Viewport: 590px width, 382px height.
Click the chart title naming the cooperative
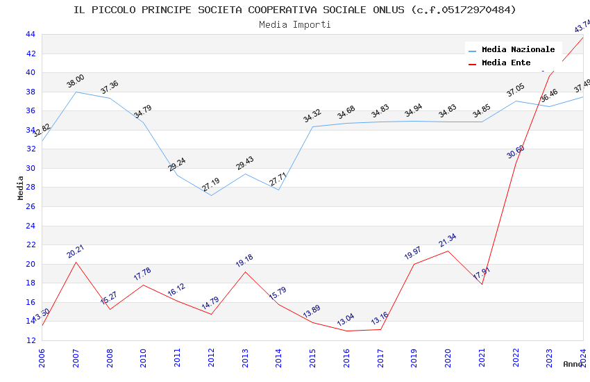pyautogui.click(x=295, y=10)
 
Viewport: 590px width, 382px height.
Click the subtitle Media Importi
pyautogui.click(x=295, y=24)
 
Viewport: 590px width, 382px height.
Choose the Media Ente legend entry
pyautogui.click(x=506, y=63)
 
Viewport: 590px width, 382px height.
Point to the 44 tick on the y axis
pyautogui.click(x=30, y=34)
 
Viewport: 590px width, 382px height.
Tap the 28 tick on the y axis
pyautogui.click(x=30, y=188)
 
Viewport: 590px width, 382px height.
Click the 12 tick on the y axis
pyautogui.click(x=30, y=340)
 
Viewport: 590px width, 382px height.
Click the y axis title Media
pyautogui.click(x=21, y=188)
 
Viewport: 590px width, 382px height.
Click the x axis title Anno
pyautogui.click(x=573, y=364)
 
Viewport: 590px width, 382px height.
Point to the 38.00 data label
pyautogui.click(x=76, y=81)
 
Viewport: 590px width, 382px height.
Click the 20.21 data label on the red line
pyautogui.click(x=76, y=251)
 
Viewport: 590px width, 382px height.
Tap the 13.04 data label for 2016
pyautogui.click(x=346, y=319)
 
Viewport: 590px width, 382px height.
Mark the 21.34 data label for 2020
pyautogui.click(x=448, y=240)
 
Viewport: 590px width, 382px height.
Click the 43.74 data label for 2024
pyautogui.click(x=582, y=26)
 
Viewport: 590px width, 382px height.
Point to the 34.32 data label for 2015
pyautogui.click(x=312, y=115)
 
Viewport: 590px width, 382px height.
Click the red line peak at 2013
pyautogui.click(x=245, y=272)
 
